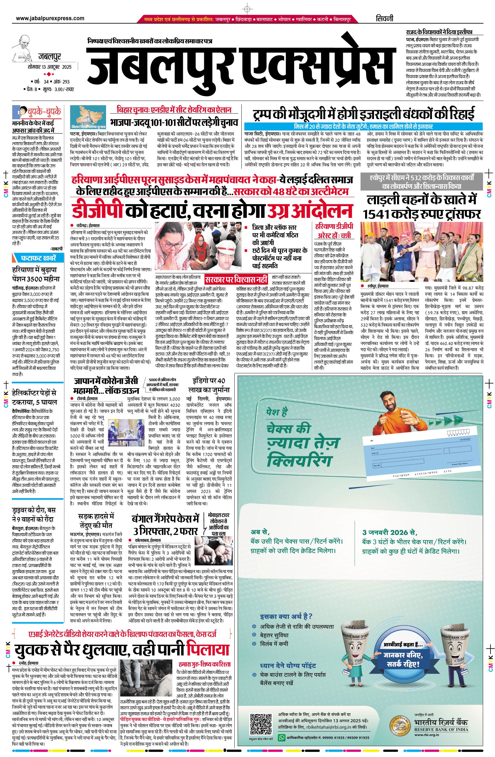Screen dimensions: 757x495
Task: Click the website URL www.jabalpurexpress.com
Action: point(50,18)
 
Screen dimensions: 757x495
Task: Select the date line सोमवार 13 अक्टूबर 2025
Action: point(49,67)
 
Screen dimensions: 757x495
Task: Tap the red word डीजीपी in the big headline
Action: point(97,210)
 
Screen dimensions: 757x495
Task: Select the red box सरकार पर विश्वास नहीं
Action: point(236,280)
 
